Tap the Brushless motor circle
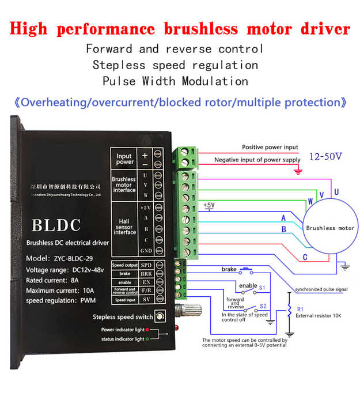(329, 228)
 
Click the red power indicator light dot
(147, 329)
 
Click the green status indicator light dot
(147, 339)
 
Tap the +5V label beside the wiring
(209, 205)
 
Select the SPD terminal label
(146, 265)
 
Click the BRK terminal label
(146, 273)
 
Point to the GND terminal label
(146, 251)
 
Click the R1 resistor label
(300, 310)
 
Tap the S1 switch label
(262, 286)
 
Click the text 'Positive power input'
(270, 148)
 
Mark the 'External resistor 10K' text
(319, 316)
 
